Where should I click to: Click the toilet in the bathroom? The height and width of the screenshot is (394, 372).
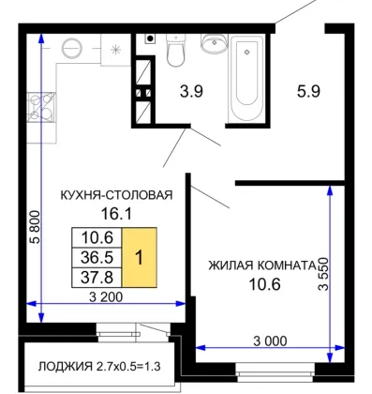[175, 50]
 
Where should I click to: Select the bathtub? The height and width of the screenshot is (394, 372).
[246, 80]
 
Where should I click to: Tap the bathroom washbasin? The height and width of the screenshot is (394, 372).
[214, 43]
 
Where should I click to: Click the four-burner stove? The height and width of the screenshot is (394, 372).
[41, 107]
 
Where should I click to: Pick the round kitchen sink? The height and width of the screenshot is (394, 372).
[72, 49]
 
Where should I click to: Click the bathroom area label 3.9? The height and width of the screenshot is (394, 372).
[191, 92]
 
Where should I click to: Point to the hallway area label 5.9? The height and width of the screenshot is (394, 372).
[308, 92]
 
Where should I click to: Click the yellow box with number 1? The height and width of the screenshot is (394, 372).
[140, 258]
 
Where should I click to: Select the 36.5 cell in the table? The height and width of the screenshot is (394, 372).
[97, 258]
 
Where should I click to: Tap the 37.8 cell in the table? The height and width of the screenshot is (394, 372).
[97, 278]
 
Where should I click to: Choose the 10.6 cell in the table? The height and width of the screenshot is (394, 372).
[97, 237]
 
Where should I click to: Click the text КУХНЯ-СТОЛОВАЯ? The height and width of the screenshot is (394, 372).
[116, 195]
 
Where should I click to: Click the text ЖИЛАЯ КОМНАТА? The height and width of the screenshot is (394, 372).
[262, 265]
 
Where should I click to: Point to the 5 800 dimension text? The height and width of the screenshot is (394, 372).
[35, 227]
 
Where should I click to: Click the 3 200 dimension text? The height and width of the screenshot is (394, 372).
[106, 296]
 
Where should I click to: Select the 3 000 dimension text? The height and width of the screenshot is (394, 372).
[270, 341]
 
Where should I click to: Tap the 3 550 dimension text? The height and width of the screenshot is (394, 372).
[323, 274]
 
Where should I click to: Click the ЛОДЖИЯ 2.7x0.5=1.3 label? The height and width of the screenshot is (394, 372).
[99, 366]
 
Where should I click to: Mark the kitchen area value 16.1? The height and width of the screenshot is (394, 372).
[116, 214]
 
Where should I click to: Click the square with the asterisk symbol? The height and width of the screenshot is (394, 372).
[116, 50]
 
